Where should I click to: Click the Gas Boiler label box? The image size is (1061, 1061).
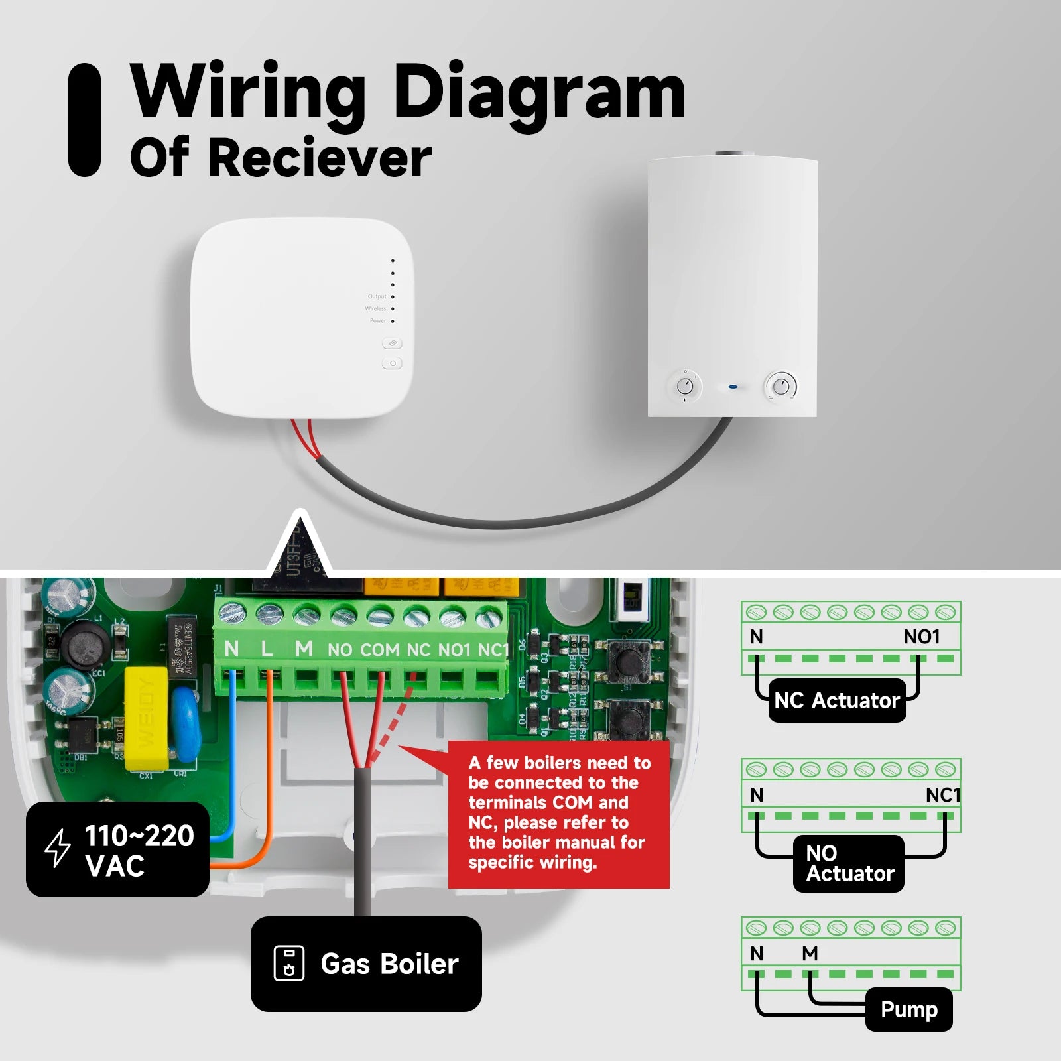tap(366, 964)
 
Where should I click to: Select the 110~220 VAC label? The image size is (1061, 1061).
tap(117, 849)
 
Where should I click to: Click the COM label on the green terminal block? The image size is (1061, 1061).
tap(380, 650)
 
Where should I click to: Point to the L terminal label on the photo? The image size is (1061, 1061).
tap(267, 649)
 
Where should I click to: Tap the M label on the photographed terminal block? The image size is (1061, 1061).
tap(304, 649)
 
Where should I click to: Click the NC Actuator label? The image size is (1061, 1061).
tap(837, 700)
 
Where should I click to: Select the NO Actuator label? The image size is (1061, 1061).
tap(849, 863)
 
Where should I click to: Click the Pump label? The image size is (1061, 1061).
tap(908, 1009)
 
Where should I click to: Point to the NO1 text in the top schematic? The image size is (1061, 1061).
tap(922, 637)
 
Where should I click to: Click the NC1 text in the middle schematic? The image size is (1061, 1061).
tap(942, 794)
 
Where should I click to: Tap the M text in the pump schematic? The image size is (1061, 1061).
tap(810, 953)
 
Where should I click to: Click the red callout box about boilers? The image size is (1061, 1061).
tap(559, 813)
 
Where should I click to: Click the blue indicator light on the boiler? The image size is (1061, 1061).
tap(733, 387)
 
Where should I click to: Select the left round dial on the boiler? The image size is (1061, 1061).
tap(685, 386)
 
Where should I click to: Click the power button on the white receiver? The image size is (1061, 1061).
tap(392, 363)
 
